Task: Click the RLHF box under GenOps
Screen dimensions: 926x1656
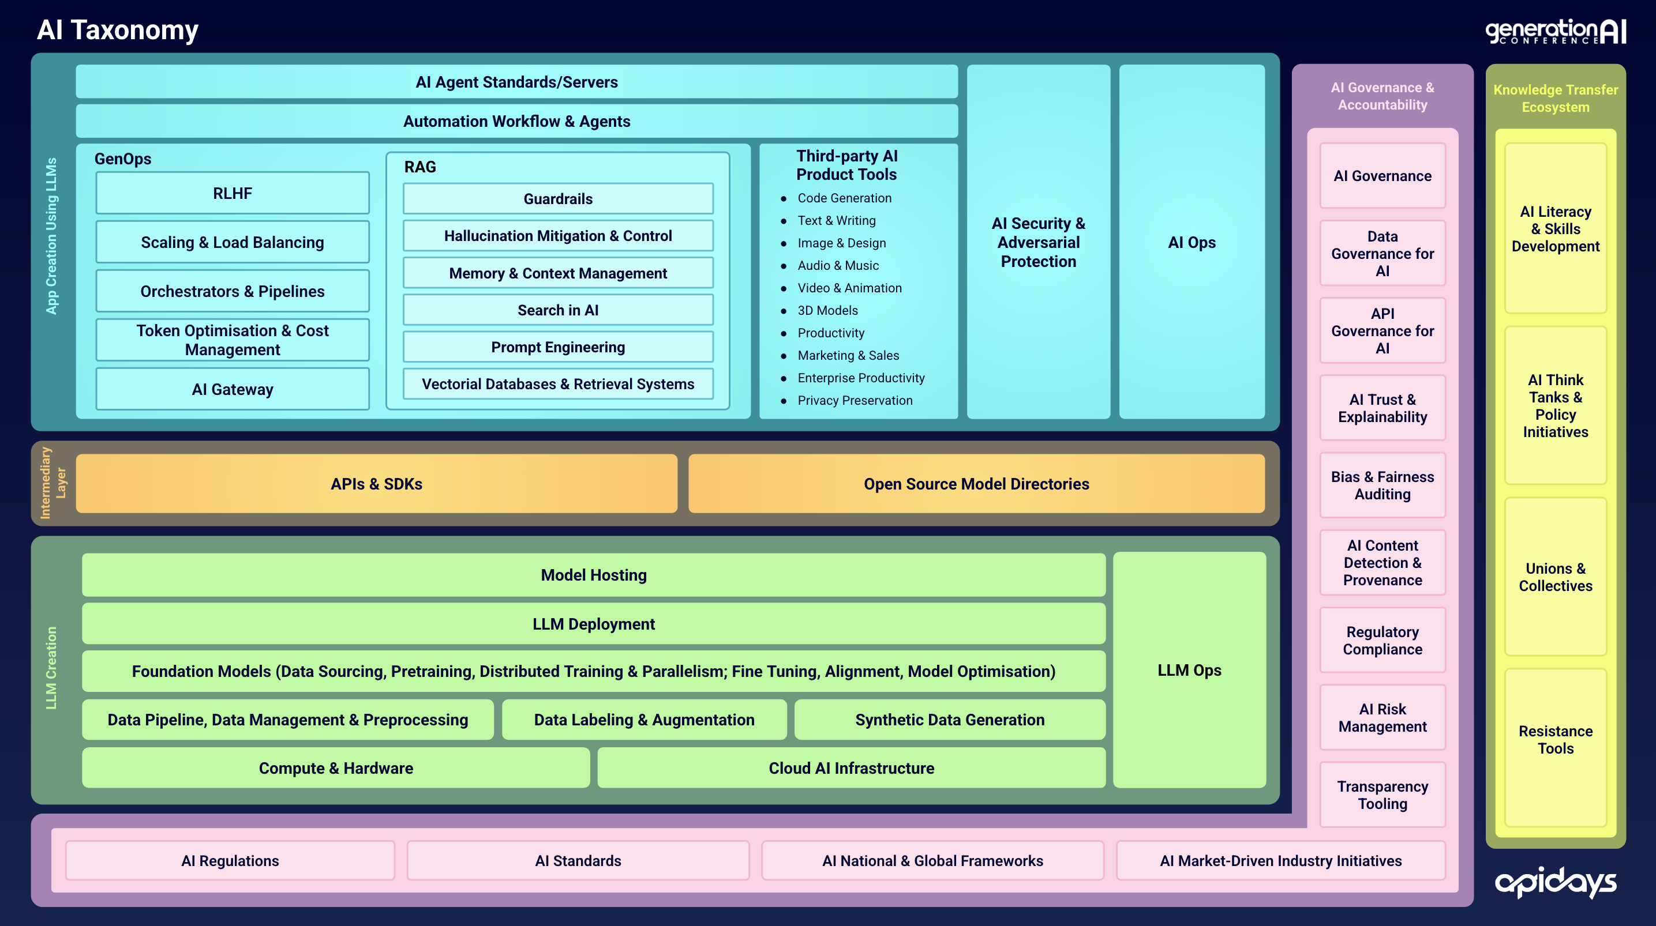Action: pos(232,193)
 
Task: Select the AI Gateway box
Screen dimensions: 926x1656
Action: pos(232,389)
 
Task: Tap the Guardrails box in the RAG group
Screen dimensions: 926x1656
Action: pos(557,198)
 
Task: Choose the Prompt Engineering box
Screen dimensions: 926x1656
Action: pos(557,347)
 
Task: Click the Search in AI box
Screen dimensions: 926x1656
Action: pos(557,310)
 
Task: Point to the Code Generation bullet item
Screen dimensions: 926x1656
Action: pos(844,198)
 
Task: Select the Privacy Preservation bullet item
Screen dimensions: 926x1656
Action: pos(855,400)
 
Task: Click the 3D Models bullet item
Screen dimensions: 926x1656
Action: pos(827,310)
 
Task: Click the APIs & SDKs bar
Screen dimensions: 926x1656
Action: pos(376,484)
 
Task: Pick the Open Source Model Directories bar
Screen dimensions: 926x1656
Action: pos(976,484)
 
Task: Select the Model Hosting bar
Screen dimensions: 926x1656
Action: pos(593,574)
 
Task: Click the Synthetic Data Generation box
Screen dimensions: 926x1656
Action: pos(950,720)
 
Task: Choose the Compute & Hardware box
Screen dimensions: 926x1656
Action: pos(336,768)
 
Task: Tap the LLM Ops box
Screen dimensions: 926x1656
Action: pos(1189,669)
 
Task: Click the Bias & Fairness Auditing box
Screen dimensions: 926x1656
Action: pos(1382,485)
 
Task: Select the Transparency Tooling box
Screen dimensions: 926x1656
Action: pos(1382,795)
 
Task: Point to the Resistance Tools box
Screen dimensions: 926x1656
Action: pos(1555,740)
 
